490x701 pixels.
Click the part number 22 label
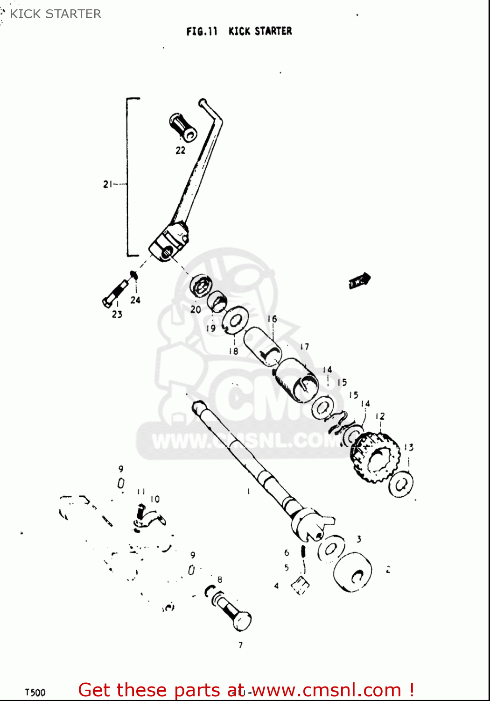tap(181, 150)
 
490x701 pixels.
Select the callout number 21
tap(108, 184)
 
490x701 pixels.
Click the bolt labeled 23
tap(114, 293)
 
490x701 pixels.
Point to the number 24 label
tap(135, 300)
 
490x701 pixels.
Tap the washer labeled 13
tap(400, 484)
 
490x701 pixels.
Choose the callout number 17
tap(305, 347)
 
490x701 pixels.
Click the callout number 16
tap(272, 319)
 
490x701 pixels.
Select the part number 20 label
tap(196, 309)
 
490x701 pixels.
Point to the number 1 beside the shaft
tap(248, 491)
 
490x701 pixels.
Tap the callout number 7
tap(241, 645)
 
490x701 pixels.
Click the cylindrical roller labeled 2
tap(353, 572)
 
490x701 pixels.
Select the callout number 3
tap(359, 539)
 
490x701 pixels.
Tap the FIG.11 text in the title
tap(202, 31)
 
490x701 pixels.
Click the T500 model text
tap(35, 692)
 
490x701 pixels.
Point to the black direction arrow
tap(359, 281)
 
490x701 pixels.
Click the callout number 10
tap(155, 499)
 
